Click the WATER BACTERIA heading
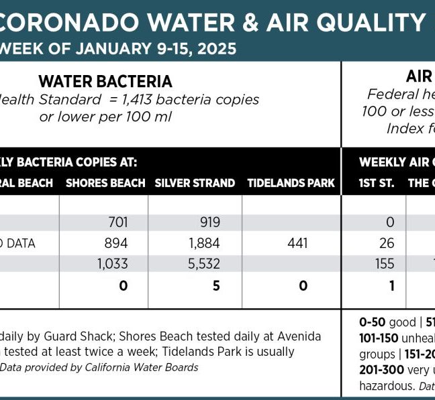click(105, 82)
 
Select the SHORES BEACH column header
click(105, 183)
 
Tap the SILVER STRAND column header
click(195, 183)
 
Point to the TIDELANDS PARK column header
click(291, 183)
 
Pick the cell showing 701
click(117, 222)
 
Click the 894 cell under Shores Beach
click(117, 243)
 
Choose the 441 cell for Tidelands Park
click(297, 243)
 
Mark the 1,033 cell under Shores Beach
click(113, 264)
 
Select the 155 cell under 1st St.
click(385, 264)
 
